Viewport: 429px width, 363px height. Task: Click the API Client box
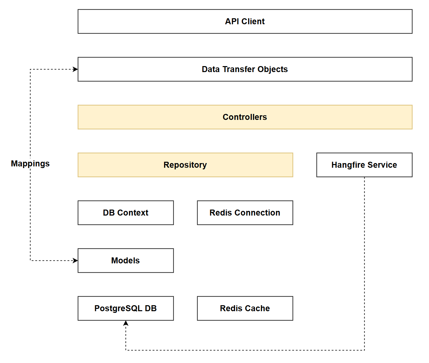tap(245, 22)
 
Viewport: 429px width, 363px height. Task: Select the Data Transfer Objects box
tap(245, 69)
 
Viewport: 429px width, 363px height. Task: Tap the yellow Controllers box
tap(245, 117)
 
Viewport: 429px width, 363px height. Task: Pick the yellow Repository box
tap(185, 165)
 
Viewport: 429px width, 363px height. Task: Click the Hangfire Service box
tap(364, 165)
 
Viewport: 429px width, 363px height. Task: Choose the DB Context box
tap(125, 213)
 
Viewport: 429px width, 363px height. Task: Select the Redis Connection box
tap(245, 213)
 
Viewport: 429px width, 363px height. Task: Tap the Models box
tap(125, 261)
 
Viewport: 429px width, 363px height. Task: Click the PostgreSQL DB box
tap(125, 309)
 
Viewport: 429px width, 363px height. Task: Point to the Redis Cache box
tap(245, 309)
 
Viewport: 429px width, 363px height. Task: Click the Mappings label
tap(30, 164)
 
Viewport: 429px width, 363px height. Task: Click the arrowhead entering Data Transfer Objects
tap(76, 69)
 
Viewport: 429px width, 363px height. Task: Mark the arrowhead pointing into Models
tap(76, 261)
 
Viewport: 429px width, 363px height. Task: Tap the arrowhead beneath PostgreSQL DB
tap(126, 323)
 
